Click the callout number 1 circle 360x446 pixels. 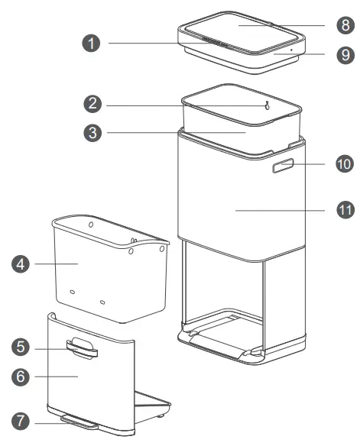click(92, 43)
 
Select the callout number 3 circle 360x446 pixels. click(92, 131)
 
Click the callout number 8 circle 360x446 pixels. click(342, 24)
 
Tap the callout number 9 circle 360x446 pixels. click(342, 54)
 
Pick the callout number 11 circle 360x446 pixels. click(342, 208)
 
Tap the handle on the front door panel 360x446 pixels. click(83, 347)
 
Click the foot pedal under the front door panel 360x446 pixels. click(79, 421)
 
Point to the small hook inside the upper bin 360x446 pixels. click(267, 105)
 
